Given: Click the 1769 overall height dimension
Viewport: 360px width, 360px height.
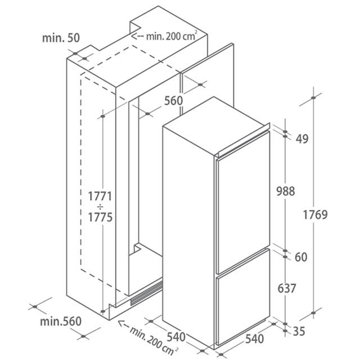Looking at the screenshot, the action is (315, 215).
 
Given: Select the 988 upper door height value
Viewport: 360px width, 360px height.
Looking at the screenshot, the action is (286, 191).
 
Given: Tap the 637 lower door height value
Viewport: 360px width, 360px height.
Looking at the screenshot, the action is (287, 289).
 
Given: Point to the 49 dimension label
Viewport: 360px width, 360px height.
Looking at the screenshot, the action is (302, 138).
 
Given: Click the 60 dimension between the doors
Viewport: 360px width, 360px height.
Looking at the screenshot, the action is (301, 257).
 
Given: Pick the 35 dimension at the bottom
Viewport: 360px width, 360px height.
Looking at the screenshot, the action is (299, 331).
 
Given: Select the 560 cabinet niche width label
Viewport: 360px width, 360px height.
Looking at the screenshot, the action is (174, 101).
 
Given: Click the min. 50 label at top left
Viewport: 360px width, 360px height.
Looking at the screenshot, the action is (61, 38).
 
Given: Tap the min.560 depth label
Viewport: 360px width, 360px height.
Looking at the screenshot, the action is (61, 321).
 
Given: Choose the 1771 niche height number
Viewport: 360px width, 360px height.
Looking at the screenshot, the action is (100, 196).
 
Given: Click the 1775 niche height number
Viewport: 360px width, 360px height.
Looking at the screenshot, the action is (100, 217).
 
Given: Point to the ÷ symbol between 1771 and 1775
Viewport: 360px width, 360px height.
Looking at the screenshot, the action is (100, 207).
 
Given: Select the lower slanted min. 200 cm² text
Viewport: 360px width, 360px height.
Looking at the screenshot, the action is (154, 340).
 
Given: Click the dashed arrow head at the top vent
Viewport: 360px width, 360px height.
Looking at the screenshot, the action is (134, 36).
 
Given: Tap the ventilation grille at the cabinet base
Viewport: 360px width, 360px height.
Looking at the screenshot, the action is (146, 294).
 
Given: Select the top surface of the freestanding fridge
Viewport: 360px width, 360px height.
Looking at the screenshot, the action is (214, 125).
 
